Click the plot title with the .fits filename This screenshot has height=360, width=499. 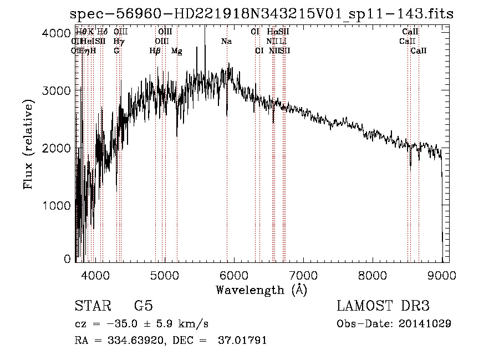[x=262, y=15]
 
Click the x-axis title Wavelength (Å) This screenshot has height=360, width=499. [x=261, y=290]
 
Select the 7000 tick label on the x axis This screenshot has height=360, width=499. [x=303, y=275]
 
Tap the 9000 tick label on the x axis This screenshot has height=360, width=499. [x=442, y=275]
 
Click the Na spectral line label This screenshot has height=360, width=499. [x=226, y=42]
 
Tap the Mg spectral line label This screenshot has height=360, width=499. [x=176, y=51]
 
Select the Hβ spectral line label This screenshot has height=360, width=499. [x=155, y=51]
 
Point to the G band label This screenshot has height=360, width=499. [x=116, y=51]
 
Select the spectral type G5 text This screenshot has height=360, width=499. [x=144, y=306]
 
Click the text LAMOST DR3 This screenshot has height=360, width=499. [x=383, y=306]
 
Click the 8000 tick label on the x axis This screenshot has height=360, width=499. [x=373, y=275]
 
